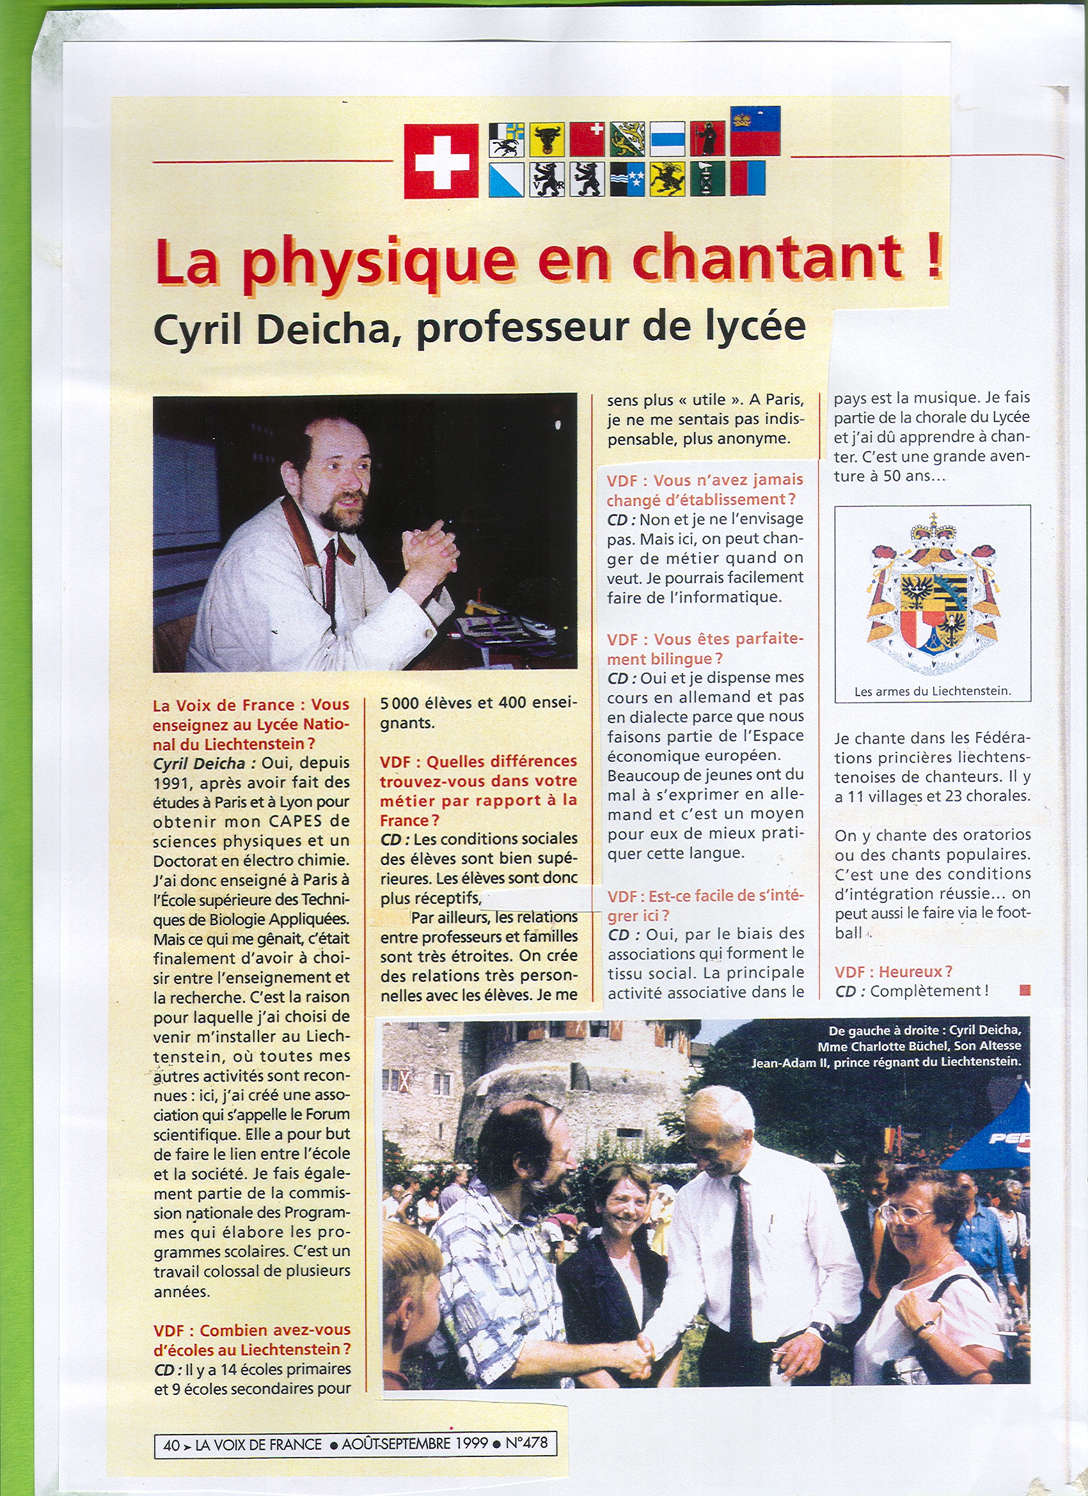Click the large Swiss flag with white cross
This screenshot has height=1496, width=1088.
[x=441, y=161]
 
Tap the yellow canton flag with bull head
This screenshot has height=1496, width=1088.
[x=546, y=139]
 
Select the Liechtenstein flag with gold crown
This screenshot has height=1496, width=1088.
[x=755, y=130]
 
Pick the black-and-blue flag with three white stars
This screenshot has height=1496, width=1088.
[x=627, y=180]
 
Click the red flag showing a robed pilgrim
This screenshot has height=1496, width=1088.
[x=708, y=139]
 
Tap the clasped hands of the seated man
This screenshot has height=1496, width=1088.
[x=432, y=547]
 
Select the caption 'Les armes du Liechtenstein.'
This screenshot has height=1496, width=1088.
[x=933, y=691]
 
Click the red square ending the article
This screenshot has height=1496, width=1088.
[x=1025, y=990]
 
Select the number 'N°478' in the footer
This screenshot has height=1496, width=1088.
[x=526, y=1443]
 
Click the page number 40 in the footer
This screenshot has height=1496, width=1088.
[x=171, y=1445]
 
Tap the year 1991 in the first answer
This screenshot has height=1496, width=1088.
[x=171, y=783]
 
